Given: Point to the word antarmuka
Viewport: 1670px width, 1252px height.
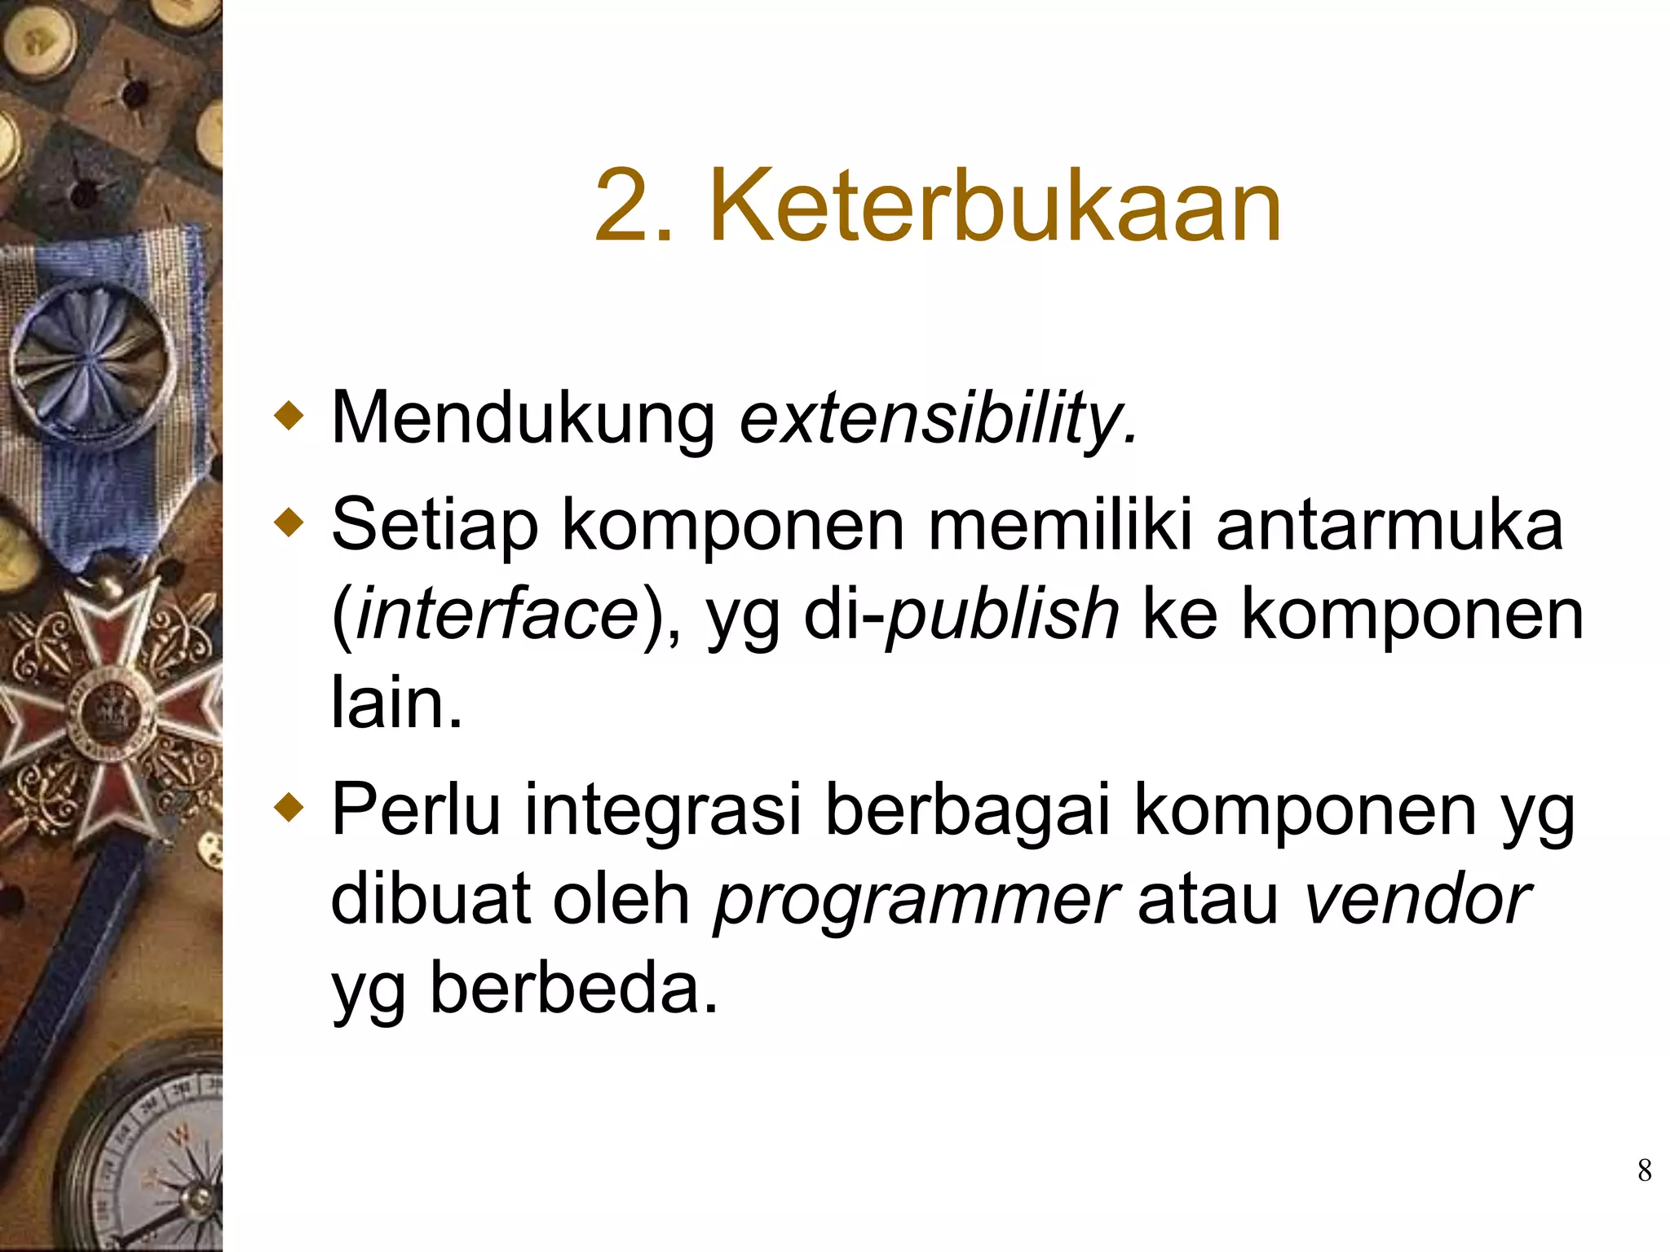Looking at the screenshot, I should (1389, 525).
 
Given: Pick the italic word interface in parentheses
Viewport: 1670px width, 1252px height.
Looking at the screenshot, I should (497, 613).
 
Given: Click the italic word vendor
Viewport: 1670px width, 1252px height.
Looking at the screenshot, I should (1417, 900).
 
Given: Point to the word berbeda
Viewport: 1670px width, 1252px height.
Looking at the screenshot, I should (574, 988).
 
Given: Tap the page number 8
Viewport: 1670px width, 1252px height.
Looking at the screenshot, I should (1644, 1170).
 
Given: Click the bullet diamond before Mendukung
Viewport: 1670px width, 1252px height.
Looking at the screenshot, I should (289, 417).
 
